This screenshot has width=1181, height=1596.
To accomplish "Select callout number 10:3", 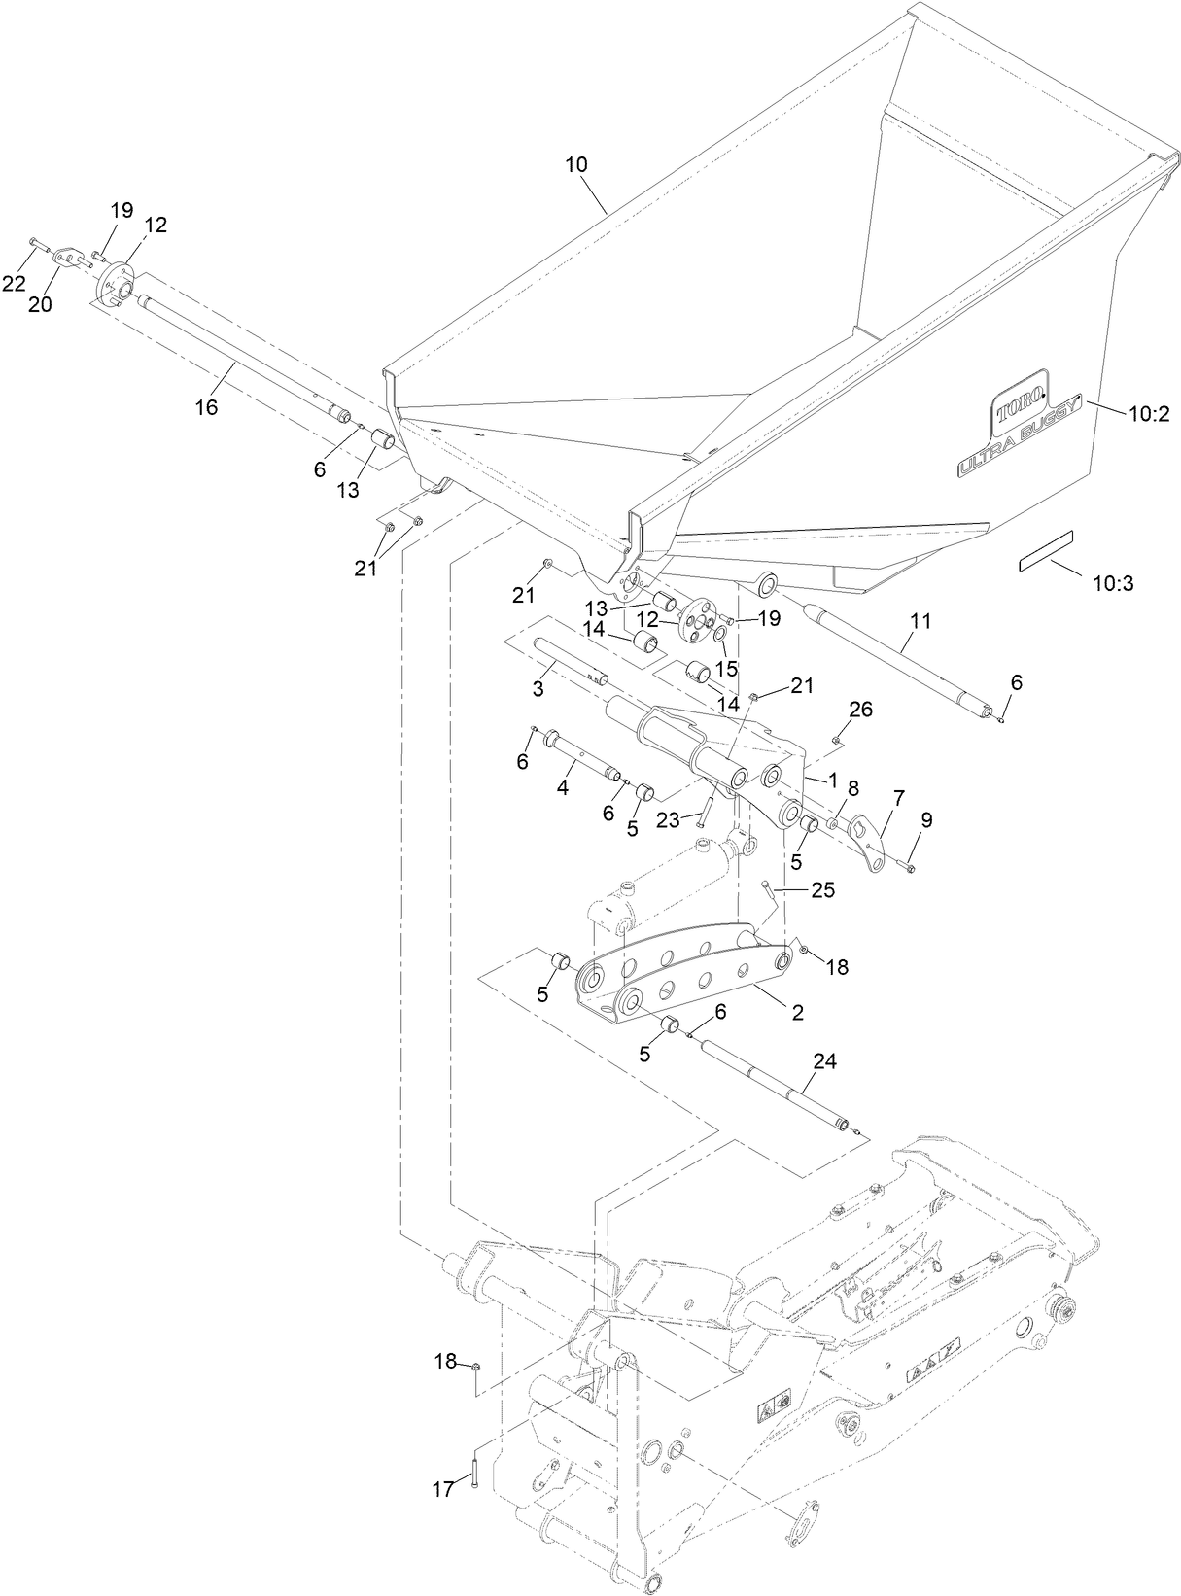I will pos(1113,583).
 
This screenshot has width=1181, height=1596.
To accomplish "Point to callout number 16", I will pos(206,408).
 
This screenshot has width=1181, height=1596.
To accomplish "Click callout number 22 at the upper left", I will pos(14,283).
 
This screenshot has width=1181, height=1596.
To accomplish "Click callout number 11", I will pos(920,620).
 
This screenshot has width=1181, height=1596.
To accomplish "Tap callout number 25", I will pos(823,889).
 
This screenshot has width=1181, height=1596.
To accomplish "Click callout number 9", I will pos(925,819).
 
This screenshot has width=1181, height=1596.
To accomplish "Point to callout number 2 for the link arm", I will pos(797,1012).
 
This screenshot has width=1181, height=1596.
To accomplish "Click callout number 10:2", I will pos(1148,414).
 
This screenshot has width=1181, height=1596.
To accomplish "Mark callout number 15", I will pos(727,669).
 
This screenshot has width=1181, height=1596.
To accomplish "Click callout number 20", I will pos(39,303).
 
